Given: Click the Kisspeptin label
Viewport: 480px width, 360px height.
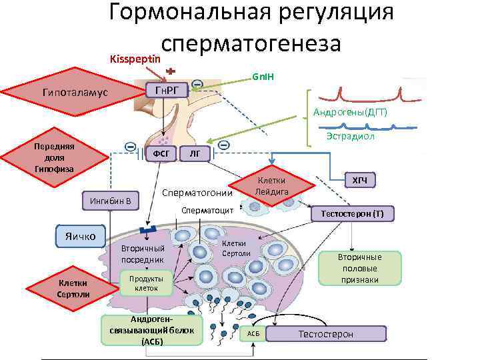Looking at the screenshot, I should [x=136, y=59].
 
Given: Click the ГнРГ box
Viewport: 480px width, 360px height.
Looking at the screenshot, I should [x=167, y=91].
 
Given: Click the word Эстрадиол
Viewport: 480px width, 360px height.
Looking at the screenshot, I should [x=350, y=136].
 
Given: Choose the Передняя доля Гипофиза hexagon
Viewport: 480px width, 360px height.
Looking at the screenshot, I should [x=55, y=157].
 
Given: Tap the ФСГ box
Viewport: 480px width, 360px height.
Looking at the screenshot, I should [x=161, y=154].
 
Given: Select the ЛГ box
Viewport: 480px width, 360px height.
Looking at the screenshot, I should [x=195, y=154].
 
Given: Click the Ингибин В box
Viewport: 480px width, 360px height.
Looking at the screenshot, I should [x=110, y=200].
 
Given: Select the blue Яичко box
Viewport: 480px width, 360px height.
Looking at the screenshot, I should [x=81, y=235].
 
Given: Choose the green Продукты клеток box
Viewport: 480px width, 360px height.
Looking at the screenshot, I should [x=146, y=283].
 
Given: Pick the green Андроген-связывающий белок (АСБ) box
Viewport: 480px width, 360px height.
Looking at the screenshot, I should [x=151, y=330].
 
